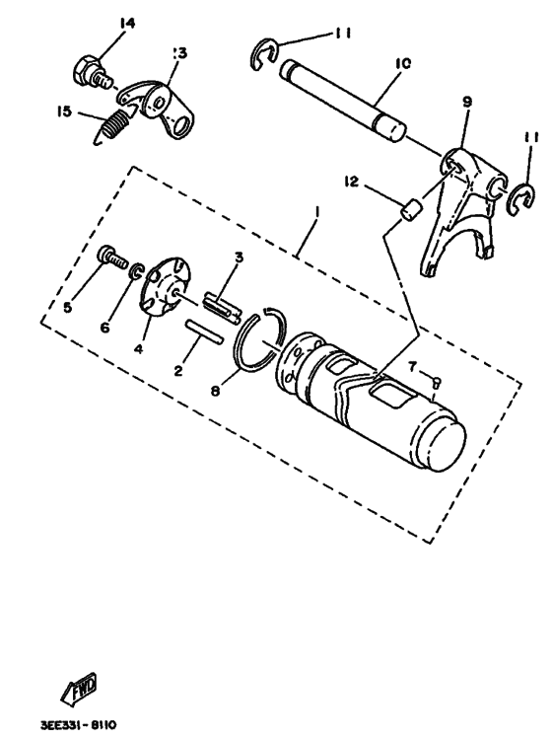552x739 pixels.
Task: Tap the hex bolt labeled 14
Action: pos(88,71)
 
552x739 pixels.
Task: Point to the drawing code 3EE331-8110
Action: pos(78,724)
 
